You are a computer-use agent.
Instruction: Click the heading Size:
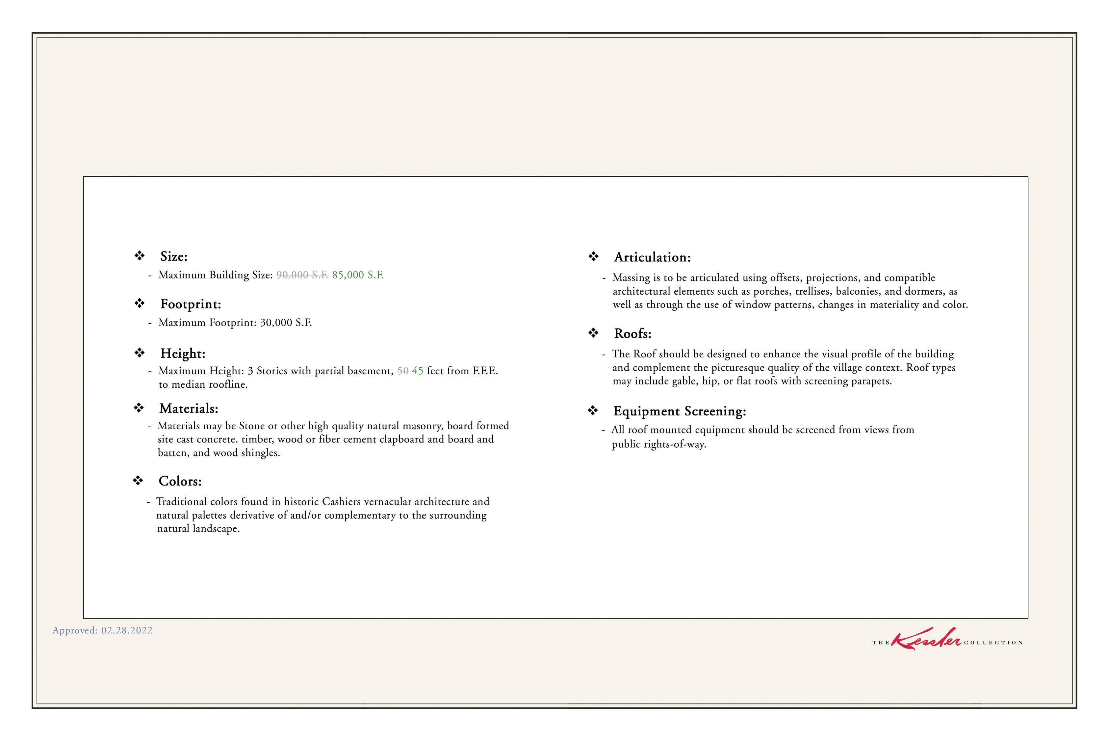point(173,256)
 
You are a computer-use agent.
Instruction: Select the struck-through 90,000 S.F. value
point(302,275)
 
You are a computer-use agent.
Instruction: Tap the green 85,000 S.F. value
point(358,275)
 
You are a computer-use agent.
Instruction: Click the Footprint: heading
point(190,304)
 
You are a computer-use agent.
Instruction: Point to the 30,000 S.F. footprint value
point(286,323)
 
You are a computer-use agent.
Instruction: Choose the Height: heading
point(182,354)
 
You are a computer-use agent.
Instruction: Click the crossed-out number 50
point(403,371)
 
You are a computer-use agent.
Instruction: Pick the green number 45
point(417,371)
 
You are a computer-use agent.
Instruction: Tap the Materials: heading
point(189,408)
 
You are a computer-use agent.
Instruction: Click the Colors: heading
point(180,481)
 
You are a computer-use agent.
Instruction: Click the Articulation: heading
point(652,257)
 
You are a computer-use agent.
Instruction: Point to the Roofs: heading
point(632,334)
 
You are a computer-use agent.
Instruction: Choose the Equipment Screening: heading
point(679,411)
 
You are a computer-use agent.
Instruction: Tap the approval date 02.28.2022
point(127,631)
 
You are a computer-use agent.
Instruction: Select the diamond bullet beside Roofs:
point(593,333)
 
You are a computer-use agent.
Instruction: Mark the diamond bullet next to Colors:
point(138,481)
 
